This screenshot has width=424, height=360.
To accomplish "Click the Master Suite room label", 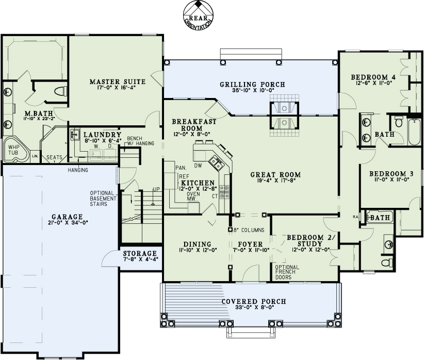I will (x=117, y=81).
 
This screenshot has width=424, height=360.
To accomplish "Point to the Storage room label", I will (x=140, y=253).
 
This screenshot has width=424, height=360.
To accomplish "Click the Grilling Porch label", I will (x=252, y=85).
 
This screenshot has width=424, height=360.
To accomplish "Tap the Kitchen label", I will (x=197, y=183).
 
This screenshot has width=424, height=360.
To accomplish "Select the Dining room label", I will (x=197, y=244).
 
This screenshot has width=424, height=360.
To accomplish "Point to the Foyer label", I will (x=250, y=244).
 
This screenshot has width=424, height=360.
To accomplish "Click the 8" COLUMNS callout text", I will (x=249, y=230).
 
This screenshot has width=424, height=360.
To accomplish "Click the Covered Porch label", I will (x=251, y=302).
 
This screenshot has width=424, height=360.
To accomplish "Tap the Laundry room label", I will (x=103, y=134).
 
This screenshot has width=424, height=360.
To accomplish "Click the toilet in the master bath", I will (x=60, y=92).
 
